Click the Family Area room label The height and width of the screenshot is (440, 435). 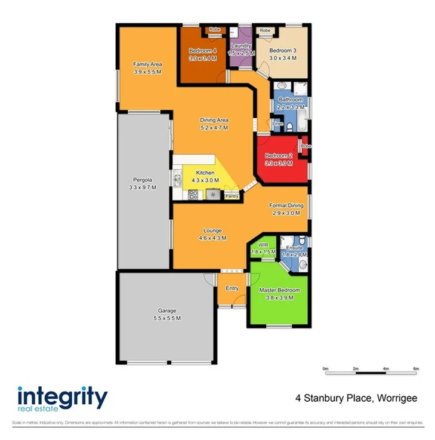tap(147, 64)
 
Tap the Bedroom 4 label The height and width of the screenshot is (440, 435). tap(202, 51)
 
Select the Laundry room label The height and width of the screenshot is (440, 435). tap(242, 46)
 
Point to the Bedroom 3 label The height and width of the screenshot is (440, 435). tap(282, 51)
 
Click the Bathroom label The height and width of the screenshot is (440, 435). tap(291, 100)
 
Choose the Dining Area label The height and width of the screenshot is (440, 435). tap(214, 120)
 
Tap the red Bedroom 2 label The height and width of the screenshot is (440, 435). tap(279, 156)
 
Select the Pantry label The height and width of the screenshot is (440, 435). tap(232, 195)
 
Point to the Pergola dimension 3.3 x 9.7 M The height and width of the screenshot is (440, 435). tap(143, 187)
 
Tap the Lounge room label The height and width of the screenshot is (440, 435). tap(212, 230)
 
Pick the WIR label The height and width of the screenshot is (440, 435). tap(263, 245)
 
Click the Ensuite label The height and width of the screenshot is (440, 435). tap(294, 248)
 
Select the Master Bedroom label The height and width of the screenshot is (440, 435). tap(279, 291)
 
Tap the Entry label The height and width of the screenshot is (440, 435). tap(232, 288)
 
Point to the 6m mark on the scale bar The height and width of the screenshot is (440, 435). tap(416, 369)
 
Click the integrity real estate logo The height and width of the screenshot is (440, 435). tap(63, 398)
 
